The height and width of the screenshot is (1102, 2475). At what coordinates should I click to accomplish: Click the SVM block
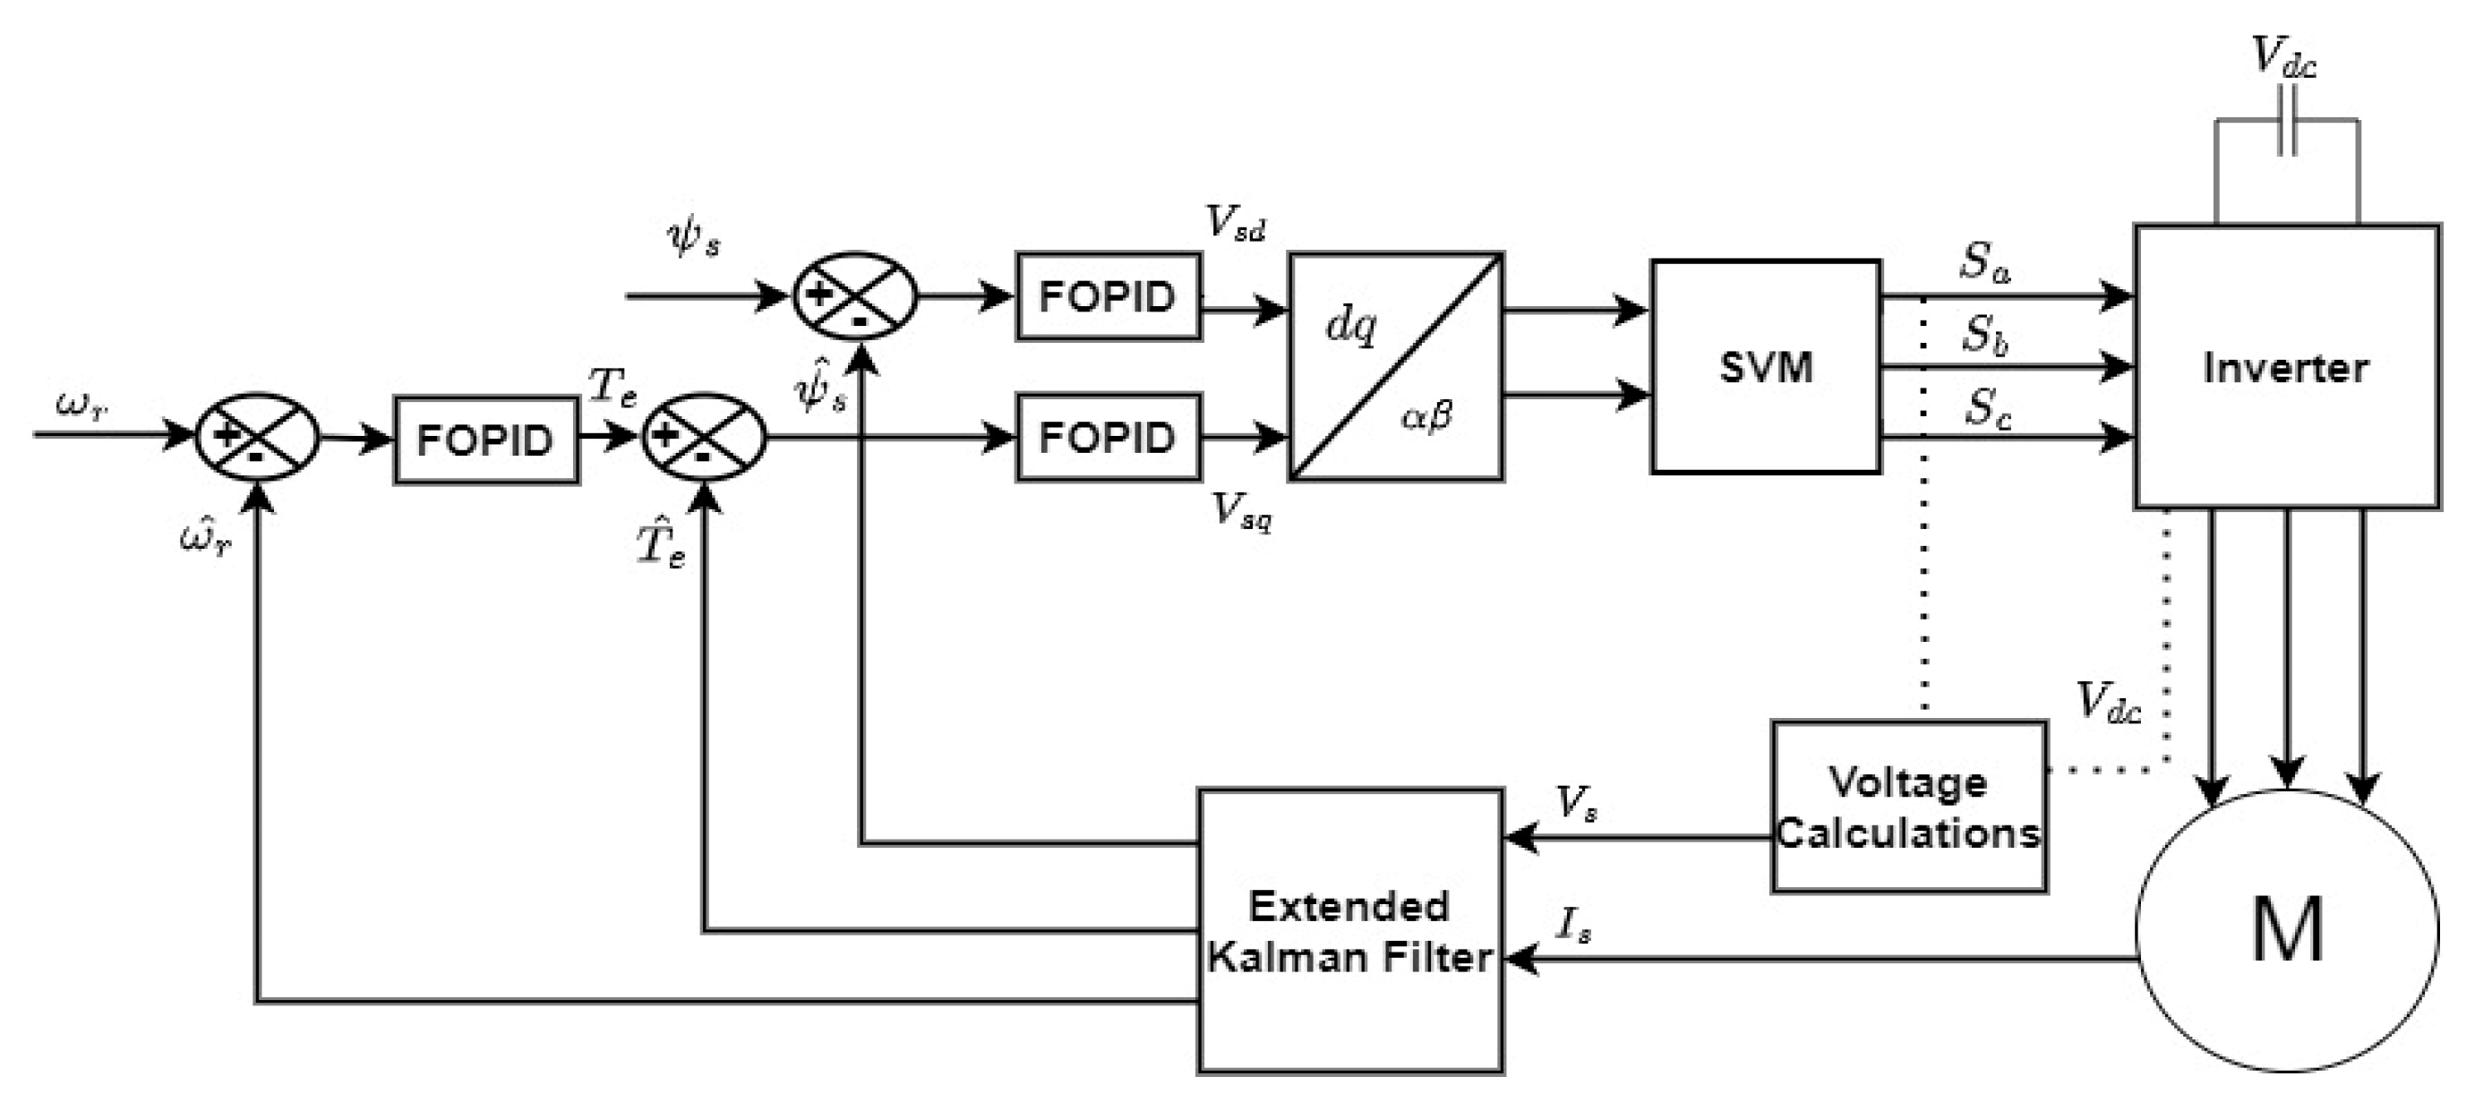[x=1765, y=366]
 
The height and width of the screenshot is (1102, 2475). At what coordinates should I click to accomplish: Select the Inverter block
[x=2286, y=366]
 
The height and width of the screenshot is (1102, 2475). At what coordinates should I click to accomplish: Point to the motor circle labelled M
[x=2287, y=930]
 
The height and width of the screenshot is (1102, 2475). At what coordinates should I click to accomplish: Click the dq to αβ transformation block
[x=1395, y=366]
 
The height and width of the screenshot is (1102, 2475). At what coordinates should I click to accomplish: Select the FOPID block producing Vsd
[x=1108, y=296]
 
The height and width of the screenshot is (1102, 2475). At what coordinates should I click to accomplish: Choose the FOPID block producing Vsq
[x=1108, y=437]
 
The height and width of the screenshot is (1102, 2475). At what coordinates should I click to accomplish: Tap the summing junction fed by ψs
[x=854, y=296]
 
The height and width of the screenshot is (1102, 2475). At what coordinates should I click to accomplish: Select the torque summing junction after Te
[x=703, y=437]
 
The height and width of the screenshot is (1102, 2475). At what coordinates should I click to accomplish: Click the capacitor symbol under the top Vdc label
[x=2287, y=120]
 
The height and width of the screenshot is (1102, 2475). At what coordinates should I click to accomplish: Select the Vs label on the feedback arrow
[x=1576, y=802]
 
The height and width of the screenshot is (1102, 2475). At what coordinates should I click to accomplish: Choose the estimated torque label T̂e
[x=661, y=546]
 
